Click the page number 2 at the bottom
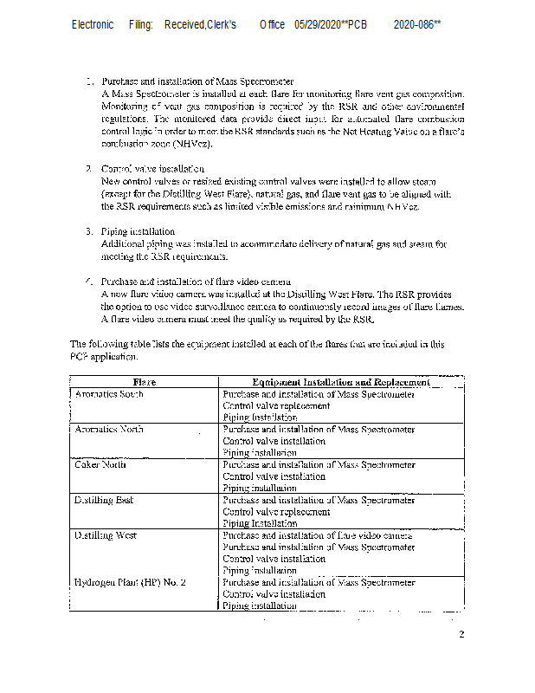click(461, 635)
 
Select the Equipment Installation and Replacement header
click(340, 382)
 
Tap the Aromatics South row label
click(109, 394)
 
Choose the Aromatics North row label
click(109, 430)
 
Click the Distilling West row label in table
click(106, 536)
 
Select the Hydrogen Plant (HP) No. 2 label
click(131, 583)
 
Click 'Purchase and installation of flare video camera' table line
click(318, 536)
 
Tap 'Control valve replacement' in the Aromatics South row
click(276, 405)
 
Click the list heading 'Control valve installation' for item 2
click(152, 168)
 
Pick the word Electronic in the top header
click(93, 25)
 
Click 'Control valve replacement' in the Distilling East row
click(276, 512)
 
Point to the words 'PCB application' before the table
click(102, 356)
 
